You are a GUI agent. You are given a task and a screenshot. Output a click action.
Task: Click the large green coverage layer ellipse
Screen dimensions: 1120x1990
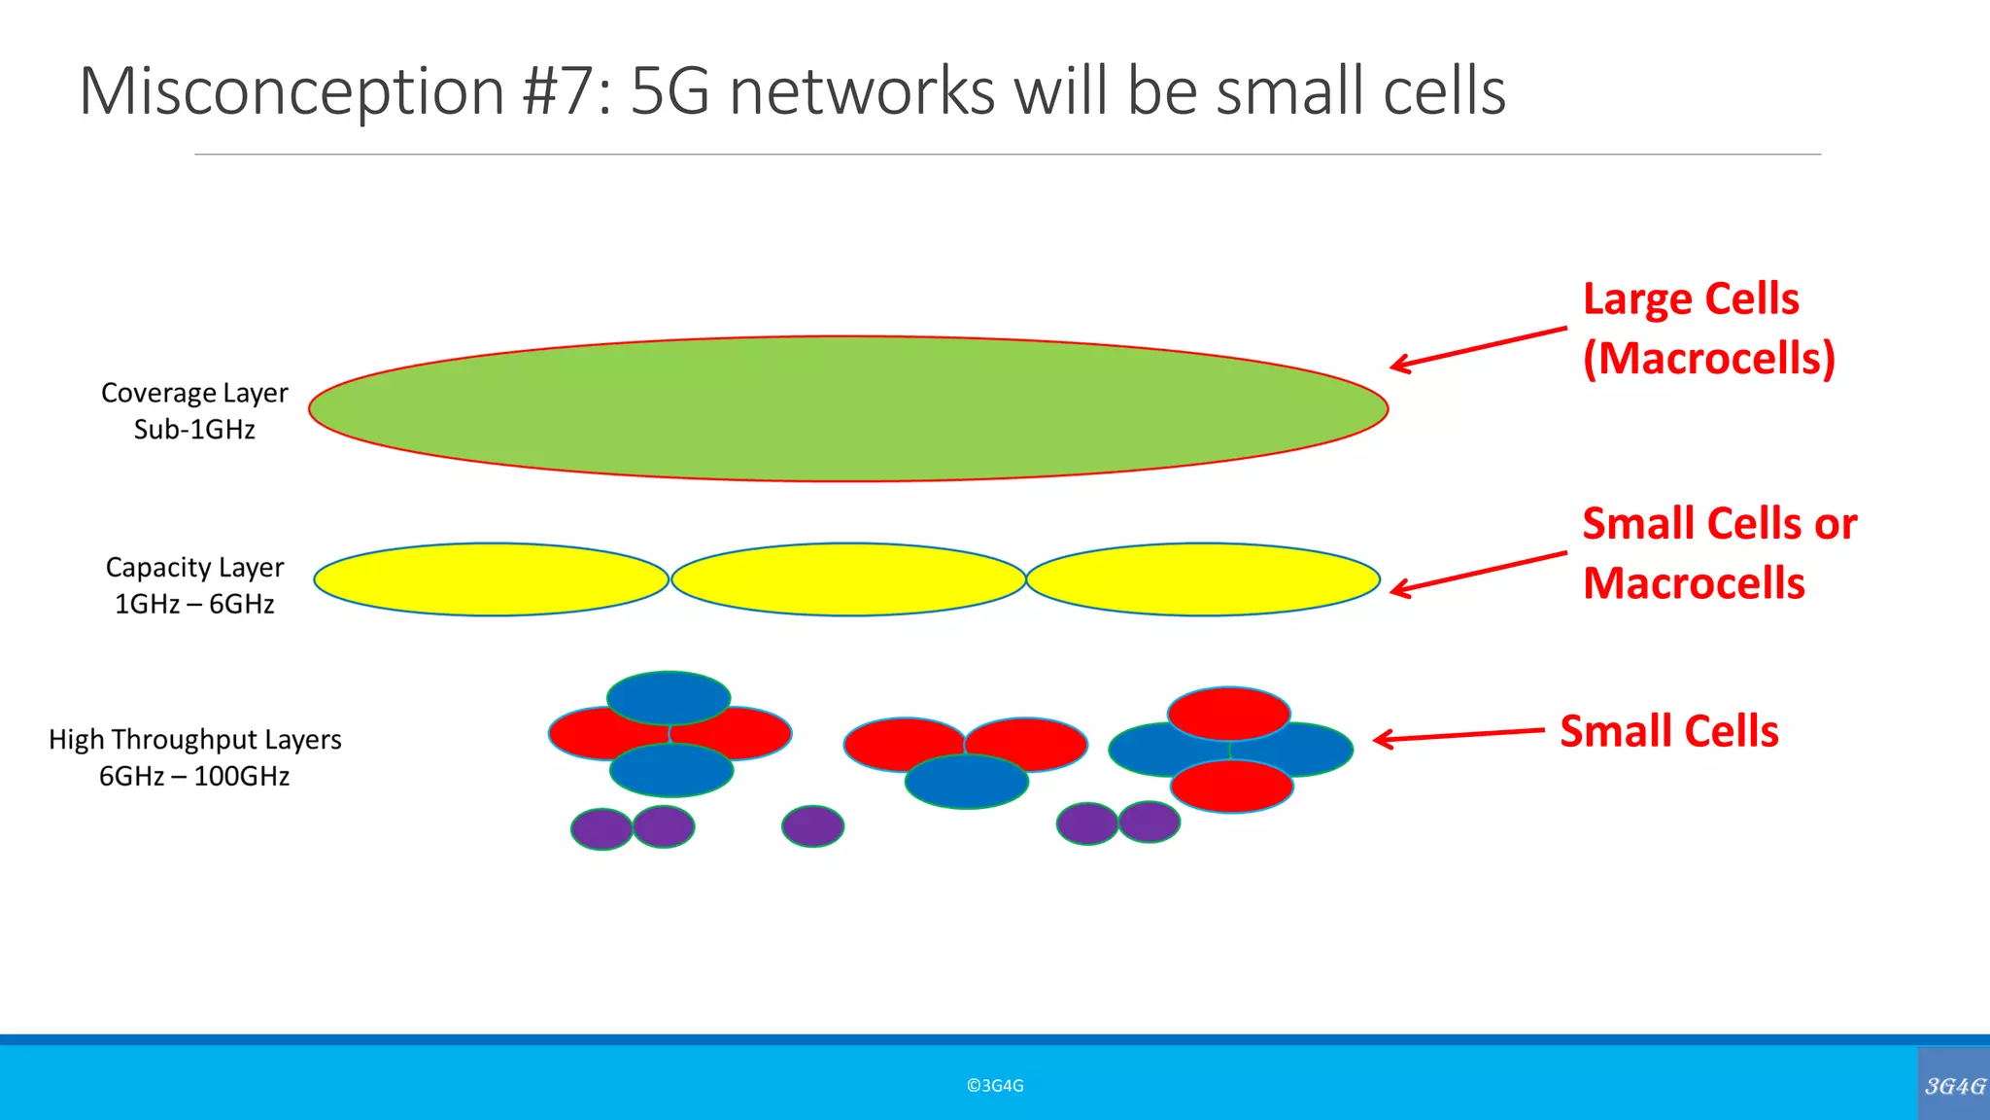click(847, 408)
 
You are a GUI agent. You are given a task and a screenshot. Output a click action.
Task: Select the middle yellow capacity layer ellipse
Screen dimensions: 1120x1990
click(848, 579)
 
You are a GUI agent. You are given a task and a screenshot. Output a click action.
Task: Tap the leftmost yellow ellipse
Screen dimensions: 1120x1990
click(491, 579)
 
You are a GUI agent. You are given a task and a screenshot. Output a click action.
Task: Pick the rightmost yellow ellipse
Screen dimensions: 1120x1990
click(1203, 579)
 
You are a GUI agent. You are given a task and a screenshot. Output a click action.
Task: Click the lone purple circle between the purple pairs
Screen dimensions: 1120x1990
click(812, 826)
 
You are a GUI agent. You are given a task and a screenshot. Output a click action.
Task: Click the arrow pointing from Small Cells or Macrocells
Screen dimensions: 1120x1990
click(1477, 572)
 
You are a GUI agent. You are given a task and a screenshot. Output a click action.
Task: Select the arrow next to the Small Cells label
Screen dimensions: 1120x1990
click(1458, 735)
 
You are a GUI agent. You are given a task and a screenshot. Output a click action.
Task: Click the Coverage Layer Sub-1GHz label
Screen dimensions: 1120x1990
click(194, 410)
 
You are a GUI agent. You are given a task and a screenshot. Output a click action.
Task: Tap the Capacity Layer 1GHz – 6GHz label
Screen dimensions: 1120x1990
click(194, 585)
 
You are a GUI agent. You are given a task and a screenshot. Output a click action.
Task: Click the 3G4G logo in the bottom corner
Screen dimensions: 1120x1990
click(1954, 1085)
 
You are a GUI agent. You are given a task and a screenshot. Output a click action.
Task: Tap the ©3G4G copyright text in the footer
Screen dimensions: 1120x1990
click(995, 1086)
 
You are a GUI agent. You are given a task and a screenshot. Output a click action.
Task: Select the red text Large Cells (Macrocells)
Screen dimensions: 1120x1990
click(1707, 329)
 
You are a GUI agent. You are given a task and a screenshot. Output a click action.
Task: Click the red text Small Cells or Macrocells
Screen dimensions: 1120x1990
click(1718, 553)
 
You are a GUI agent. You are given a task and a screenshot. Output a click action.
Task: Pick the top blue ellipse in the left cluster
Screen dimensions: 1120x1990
click(669, 696)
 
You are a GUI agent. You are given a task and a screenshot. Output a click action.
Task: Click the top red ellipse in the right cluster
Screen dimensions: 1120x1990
click(1229, 712)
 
